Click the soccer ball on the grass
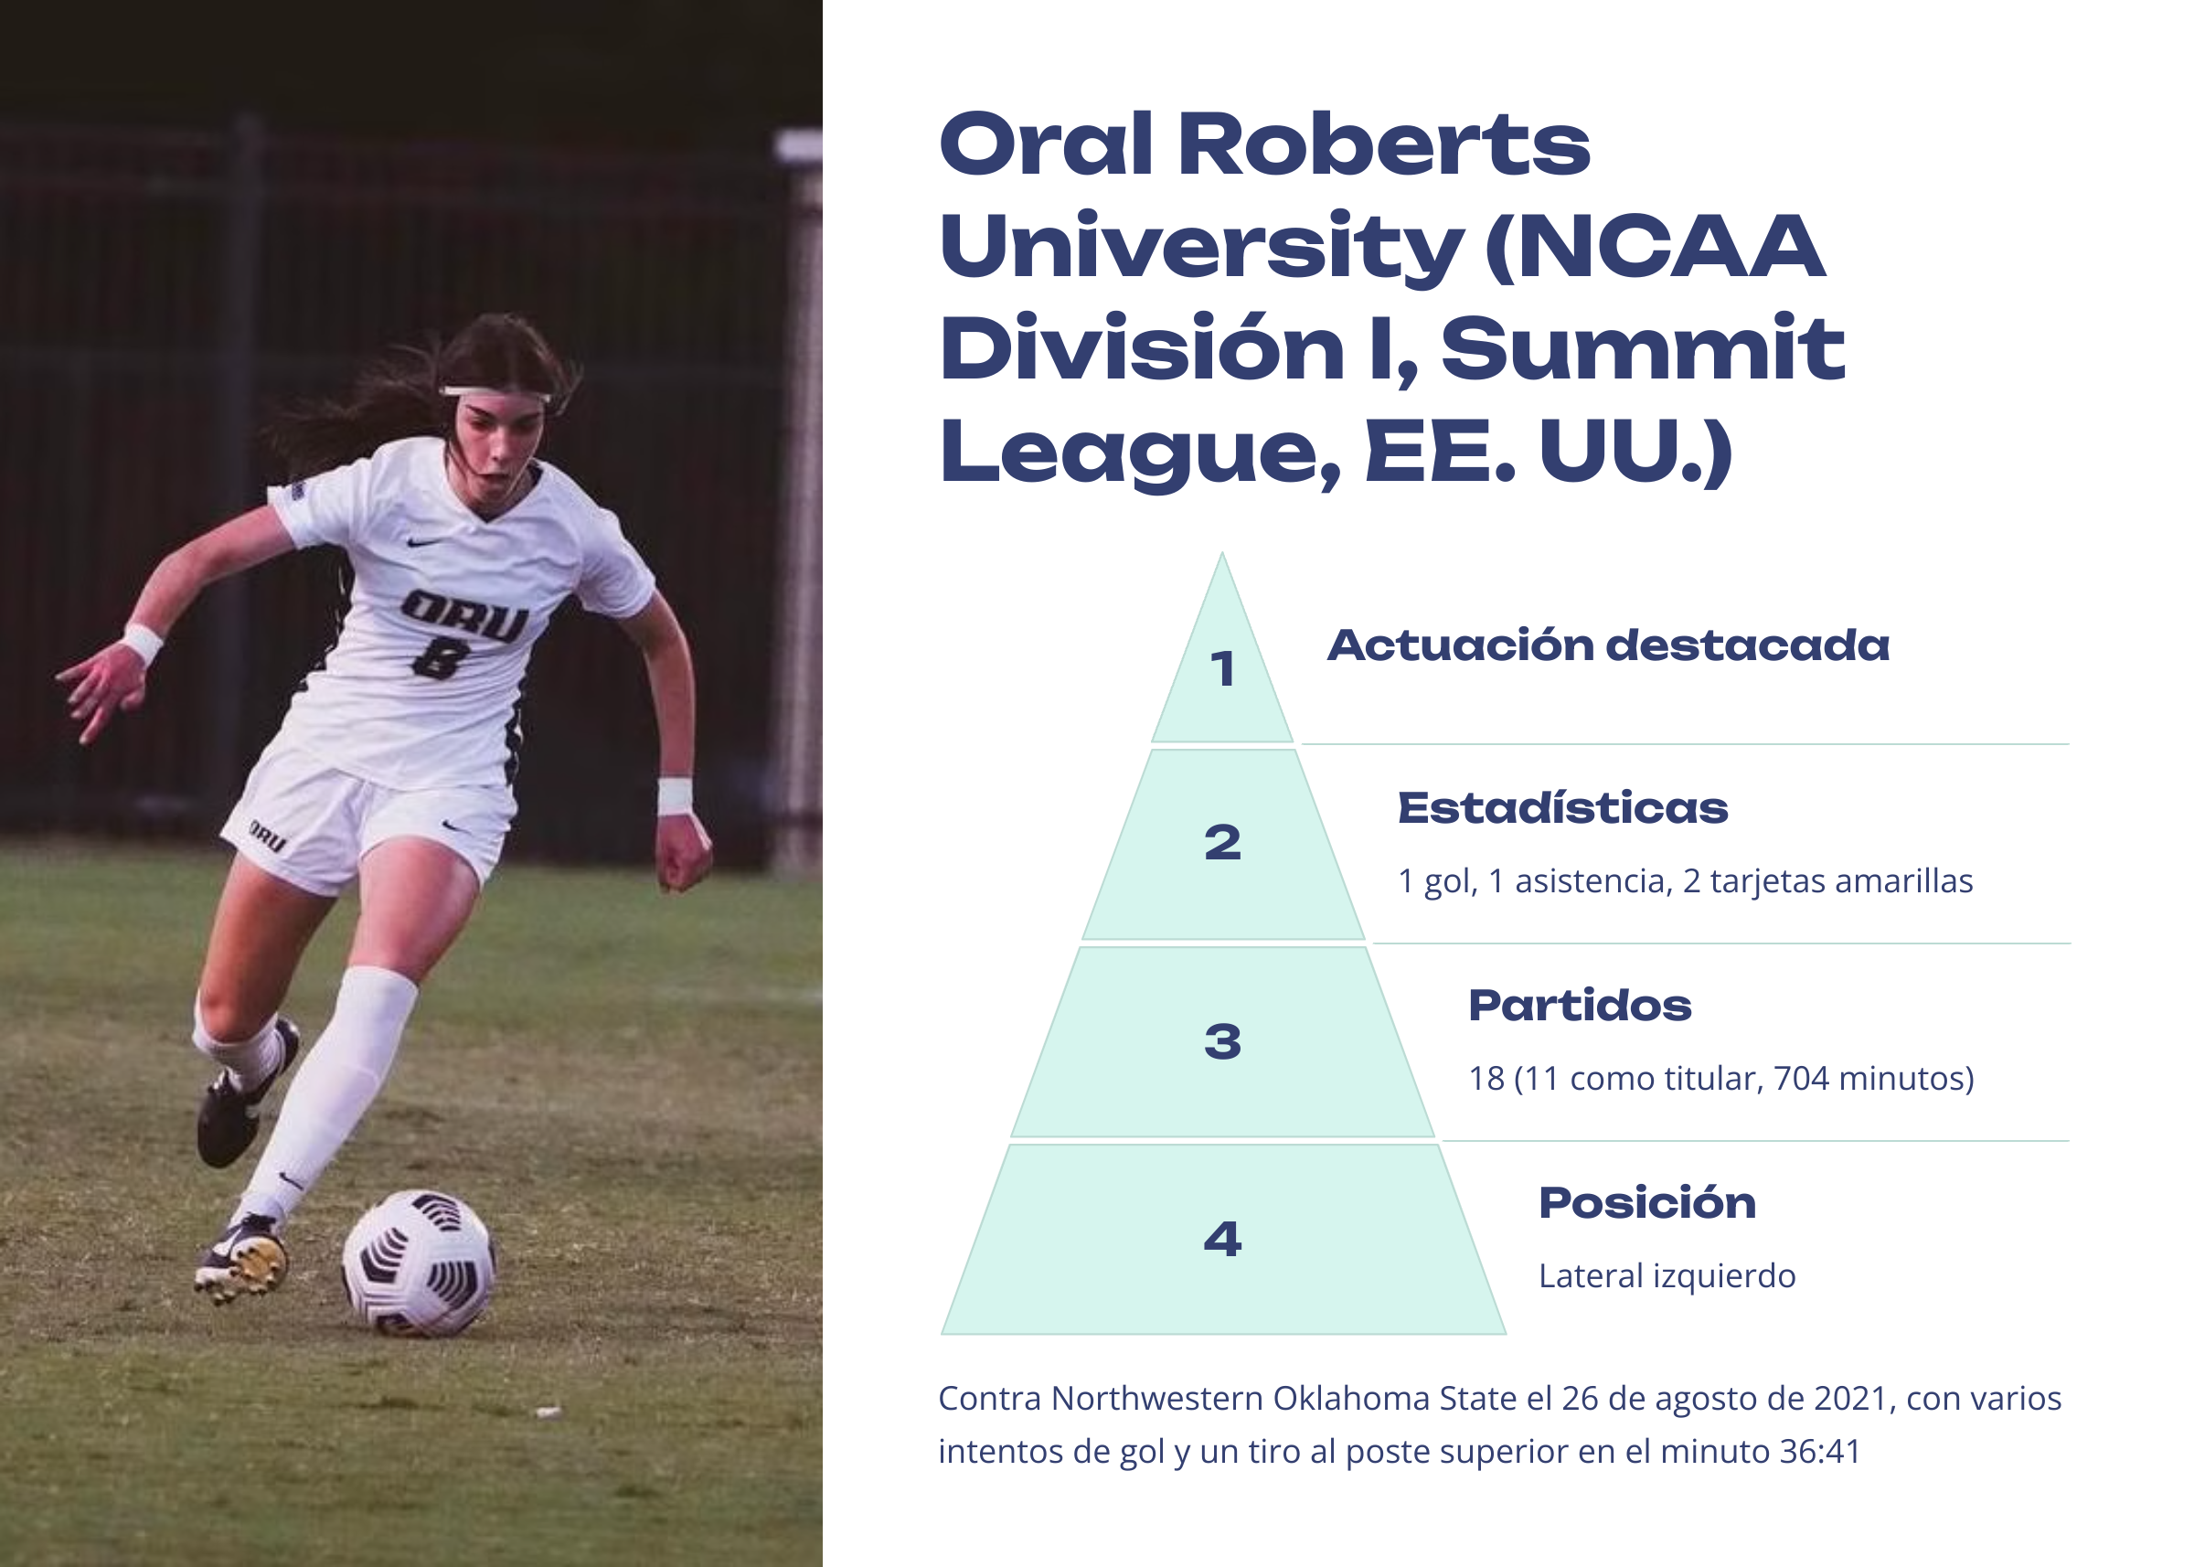point(419,1263)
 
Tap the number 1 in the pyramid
point(1222,668)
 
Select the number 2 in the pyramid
point(1222,842)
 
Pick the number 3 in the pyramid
point(1222,1041)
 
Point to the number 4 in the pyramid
point(1222,1239)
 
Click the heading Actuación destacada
point(1608,645)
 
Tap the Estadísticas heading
point(1563,807)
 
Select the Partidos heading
point(1581,1006)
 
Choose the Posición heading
point(1648,1202)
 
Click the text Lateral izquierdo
point(1667,1275)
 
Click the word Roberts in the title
point(1383,144)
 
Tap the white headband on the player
point(495,393)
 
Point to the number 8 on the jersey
point(440,660)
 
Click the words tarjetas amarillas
point(1842,881)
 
